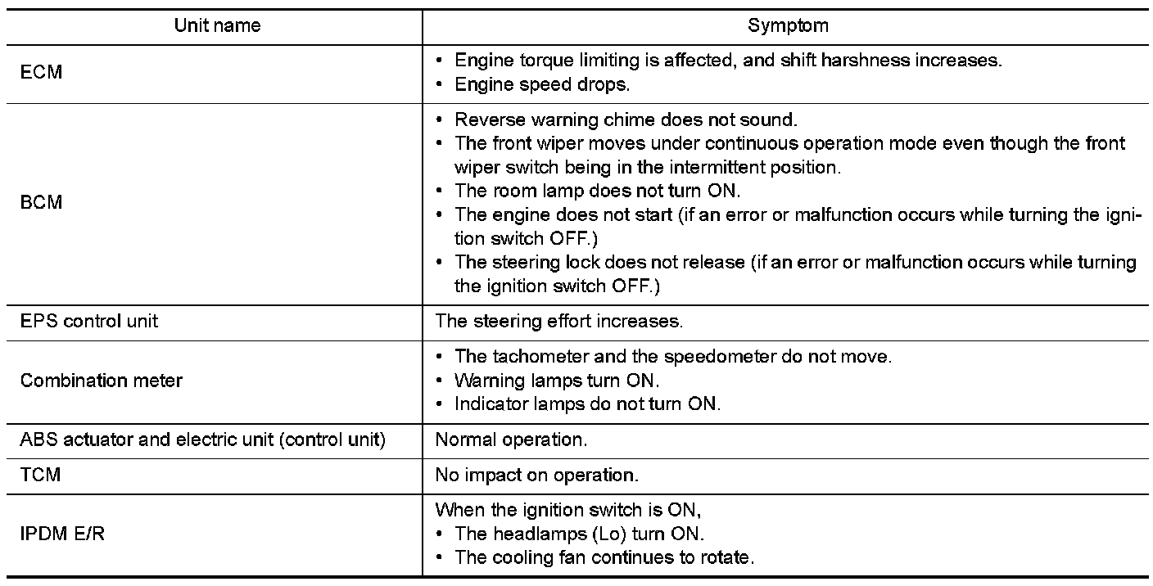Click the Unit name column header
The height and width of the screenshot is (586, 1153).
point(217,25)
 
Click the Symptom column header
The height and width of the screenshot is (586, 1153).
point(788,25)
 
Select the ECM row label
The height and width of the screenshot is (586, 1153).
point(41,73)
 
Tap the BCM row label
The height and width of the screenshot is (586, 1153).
point(41,202)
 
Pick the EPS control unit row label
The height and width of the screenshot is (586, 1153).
point(89,320)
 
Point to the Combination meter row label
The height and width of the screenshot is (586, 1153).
point(102,381)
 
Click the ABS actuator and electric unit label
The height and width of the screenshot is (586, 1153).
point(202,439)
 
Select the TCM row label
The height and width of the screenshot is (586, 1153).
point(40,474)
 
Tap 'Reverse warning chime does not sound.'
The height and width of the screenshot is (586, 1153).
point(626,120)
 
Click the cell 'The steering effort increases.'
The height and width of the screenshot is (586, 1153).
point(558,321)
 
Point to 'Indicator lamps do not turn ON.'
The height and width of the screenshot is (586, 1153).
point(587,404)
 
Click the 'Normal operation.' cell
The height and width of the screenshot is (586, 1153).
point(511,439)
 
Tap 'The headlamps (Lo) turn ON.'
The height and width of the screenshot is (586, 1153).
point(579,534)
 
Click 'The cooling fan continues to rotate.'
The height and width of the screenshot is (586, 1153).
point(604,557)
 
